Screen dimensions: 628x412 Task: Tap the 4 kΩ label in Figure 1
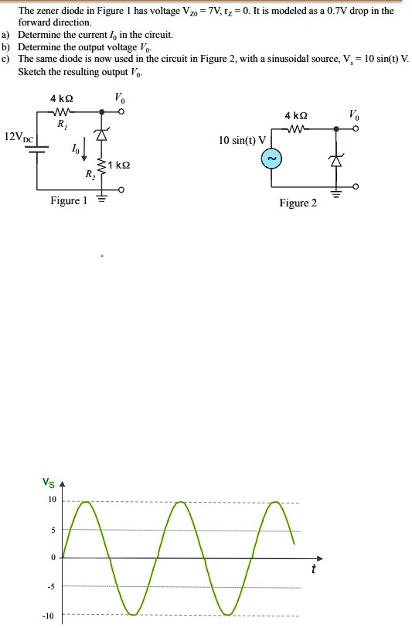63,98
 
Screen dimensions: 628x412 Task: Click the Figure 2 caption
298,203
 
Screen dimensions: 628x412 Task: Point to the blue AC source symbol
271,159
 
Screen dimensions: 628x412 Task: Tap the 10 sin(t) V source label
242,141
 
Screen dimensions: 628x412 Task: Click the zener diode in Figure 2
335,161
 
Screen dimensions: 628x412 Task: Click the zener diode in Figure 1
99,135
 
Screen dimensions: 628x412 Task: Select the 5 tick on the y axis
53,531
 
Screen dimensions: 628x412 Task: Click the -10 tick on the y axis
49,616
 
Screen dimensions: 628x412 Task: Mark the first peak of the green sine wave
87,503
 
